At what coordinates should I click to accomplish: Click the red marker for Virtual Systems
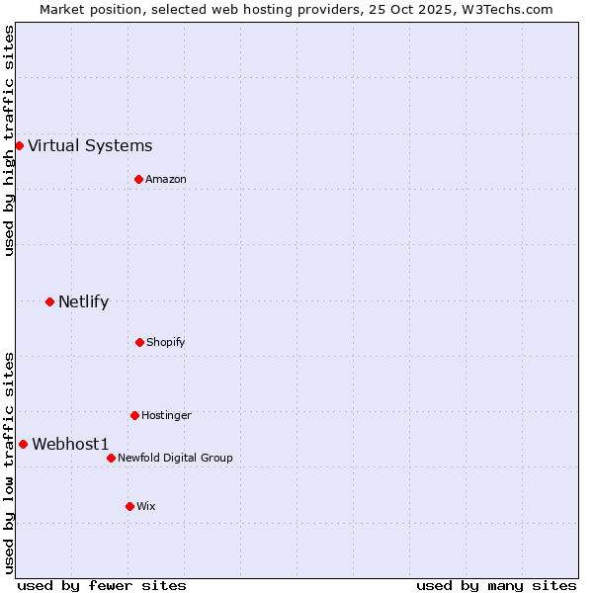pos(19,145)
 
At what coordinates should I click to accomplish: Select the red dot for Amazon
pos(138,179)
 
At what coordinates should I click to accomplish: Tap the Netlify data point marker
pos(49,301)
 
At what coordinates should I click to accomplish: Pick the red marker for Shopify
pos(139,342)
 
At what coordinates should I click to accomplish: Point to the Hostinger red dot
pos(134,415)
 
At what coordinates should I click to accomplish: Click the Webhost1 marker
pos(23,444)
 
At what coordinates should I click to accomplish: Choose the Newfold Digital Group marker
pos(111,458)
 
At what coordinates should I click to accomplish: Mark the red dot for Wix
pos(129,506)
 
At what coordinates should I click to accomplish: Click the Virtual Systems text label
pos(90,146)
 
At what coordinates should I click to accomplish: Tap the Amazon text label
pos(166,179)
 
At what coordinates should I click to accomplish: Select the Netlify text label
pos(83,302)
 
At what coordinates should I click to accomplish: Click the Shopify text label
pos(166,342)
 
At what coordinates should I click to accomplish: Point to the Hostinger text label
pos(166,415)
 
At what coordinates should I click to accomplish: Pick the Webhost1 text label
pos(70,445)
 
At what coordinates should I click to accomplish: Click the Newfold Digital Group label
pos(175,458)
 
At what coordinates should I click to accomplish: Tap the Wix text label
pos(146,506)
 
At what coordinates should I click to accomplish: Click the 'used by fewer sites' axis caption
pos(102,585)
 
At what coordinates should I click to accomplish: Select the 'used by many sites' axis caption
pos(496,585)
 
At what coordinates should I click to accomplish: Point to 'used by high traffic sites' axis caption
pos(9,140)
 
